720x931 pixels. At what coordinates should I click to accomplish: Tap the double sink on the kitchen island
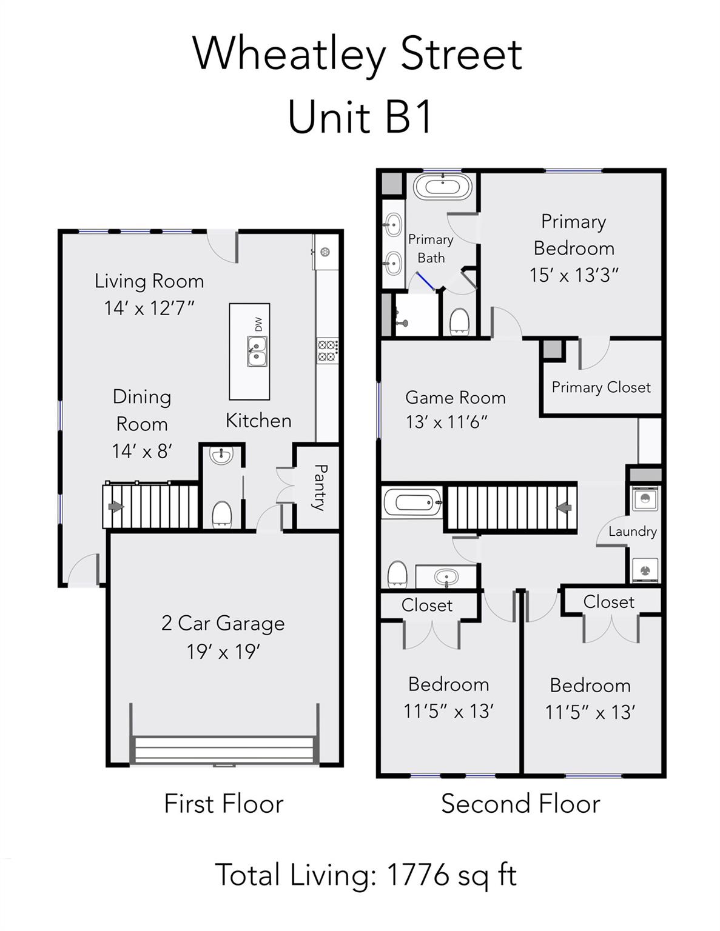pos(257,352)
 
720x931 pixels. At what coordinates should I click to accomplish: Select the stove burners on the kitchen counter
pos(328,351)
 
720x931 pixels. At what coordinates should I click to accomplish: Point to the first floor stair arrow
pos(115,506)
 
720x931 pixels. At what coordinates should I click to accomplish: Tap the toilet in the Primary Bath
pos(460,321)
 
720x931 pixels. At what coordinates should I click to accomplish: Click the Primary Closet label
pos(601,387)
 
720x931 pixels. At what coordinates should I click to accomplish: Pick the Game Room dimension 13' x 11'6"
pos(446,422)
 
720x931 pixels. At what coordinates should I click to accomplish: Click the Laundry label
pos(632,532)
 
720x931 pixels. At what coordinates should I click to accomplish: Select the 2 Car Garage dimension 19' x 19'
pos(223,652)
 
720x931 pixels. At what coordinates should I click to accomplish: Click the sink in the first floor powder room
pos(222,455)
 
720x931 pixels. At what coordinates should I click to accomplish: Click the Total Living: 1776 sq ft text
pos(366,875)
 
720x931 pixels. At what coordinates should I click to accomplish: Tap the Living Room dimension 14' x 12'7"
pos(149,309)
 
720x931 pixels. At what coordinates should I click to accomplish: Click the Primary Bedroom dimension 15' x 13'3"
pos(573,275)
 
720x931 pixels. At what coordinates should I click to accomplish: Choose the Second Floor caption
pos(520,804)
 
